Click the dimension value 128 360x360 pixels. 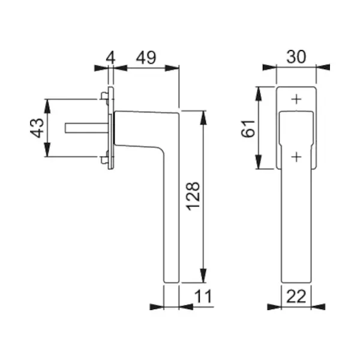[193, 196]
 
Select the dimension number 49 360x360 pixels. [146, 58]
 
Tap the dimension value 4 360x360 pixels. [110, 58]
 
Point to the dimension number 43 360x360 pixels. [37, 128]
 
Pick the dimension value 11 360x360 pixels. [203, 296]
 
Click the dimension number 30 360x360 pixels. [296, 57]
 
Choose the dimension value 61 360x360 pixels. [248, 128]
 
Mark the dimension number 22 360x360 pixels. [296, 296]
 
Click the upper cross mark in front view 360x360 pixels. [296, 100]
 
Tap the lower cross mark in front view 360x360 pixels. [296, 157]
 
